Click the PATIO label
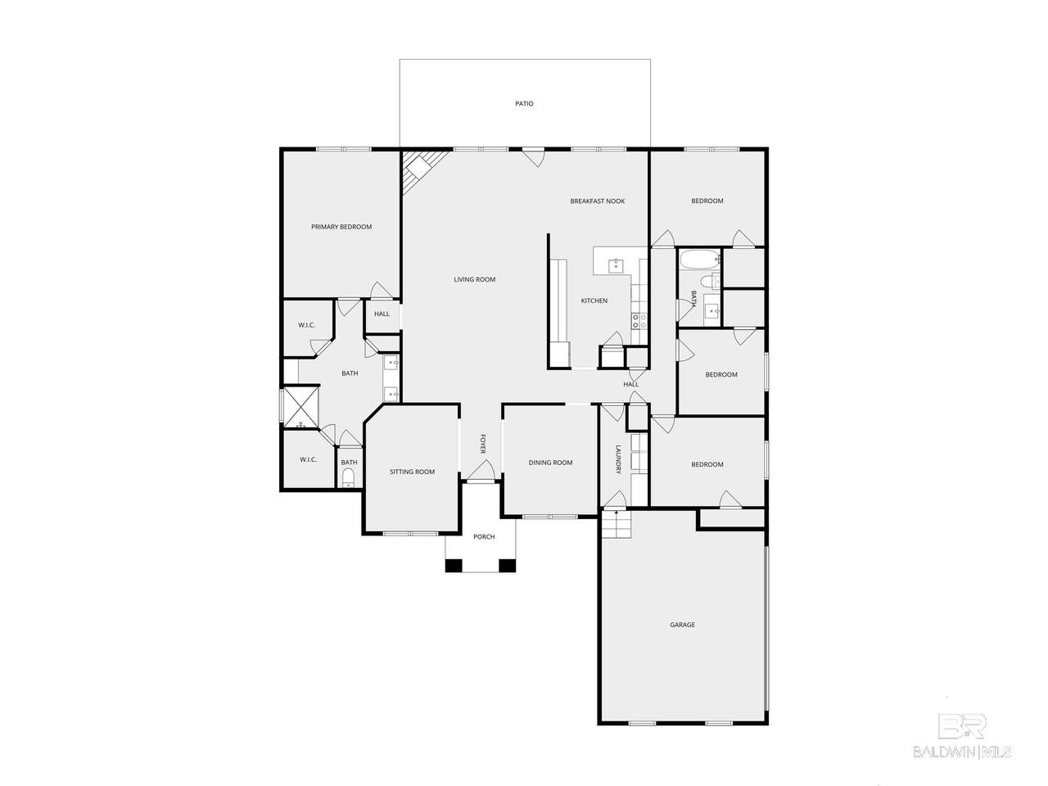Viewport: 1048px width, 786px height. pyautogui.click(x=524, y=103)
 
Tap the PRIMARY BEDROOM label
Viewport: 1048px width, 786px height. pyautogui.click(x=341, y=227)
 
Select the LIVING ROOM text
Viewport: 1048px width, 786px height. pyautogui.click(x=474, y=279)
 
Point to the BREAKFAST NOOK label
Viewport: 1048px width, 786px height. pyautogui.click(x=597, y=201)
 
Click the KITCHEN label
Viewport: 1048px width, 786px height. pyautogui.click(x=594, y=300)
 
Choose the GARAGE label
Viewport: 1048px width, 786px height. pyautogui.click(x=682, y=624)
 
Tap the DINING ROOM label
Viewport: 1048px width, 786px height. pyautogui.click(x=550, y=463)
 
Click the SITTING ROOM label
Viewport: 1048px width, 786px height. pyautogui.click(x=412, y=472)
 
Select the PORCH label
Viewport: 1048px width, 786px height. pyautogui.click(x=484, y=536)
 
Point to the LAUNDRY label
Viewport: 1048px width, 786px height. pyautogui.click(x=618, y=459)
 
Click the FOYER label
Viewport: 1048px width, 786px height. pyautogui.click(x=482, y=443)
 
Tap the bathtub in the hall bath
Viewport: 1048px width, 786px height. pyautogui.click(x=699, y=260)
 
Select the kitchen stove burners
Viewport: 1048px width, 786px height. pyautogui.click(x=639, y=321)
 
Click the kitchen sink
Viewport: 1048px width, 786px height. pyautogui.click(x=615, y=264)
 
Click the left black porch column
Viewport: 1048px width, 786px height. pyautogui.click(x=454, y=566)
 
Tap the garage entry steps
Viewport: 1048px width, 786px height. pyautogui.click(x=616, y=523)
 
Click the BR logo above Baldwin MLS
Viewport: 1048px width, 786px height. pyautogui.click(x=961, y=725)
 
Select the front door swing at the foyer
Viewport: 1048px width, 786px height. pyautogui.click(x=481, y=470)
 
